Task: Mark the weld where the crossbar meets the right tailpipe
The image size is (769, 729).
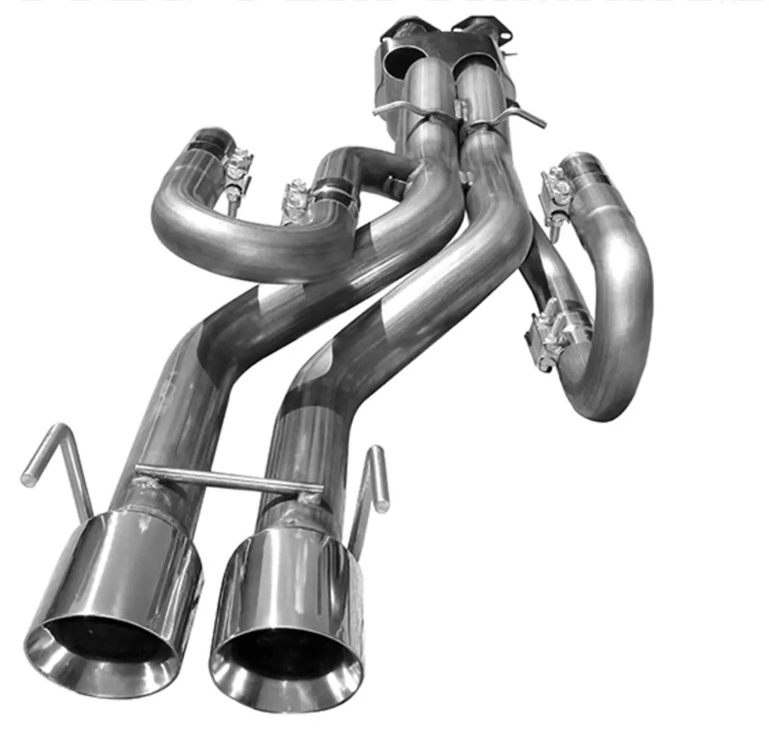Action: pyautogui.click(x=308, y=496)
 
